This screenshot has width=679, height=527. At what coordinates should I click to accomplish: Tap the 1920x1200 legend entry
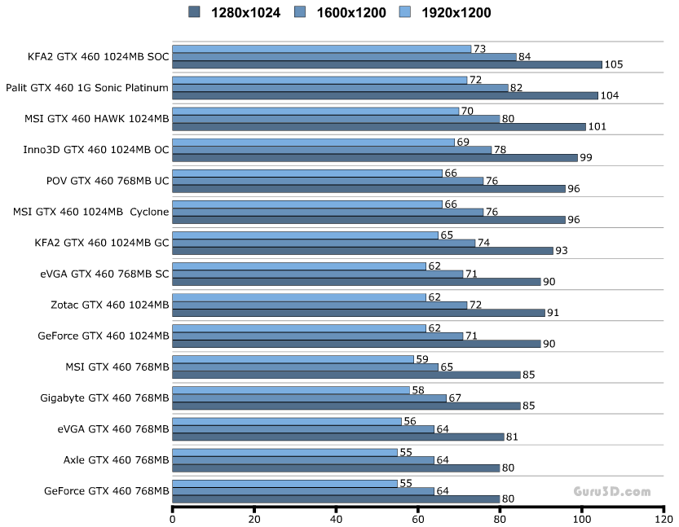[x=445, y=12]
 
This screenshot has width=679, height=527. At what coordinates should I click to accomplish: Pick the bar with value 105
[x=387, y=65]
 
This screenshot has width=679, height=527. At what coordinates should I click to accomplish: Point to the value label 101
[x=598, y=127]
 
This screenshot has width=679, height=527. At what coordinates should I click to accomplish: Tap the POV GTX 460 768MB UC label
[x=108, y=181]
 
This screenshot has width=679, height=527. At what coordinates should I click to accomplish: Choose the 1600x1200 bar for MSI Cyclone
[x=328, y=212]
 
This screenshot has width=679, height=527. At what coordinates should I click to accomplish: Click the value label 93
[x=563, y=251]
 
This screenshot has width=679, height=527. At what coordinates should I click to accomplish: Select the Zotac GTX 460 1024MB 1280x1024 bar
[x=359, y=313]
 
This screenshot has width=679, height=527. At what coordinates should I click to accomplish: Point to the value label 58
[x=418, y=390]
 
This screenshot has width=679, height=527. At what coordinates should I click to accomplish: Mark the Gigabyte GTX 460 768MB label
[x=104, y=397]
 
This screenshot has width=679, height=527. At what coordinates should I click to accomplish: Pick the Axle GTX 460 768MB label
[x=116, y=459]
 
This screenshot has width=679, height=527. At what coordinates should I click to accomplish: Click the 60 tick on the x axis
[x=418, y=518]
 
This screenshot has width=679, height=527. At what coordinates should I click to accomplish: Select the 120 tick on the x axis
[x=664, y=518]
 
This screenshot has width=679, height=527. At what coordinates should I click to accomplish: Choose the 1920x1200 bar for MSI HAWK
[x=315, y=112]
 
